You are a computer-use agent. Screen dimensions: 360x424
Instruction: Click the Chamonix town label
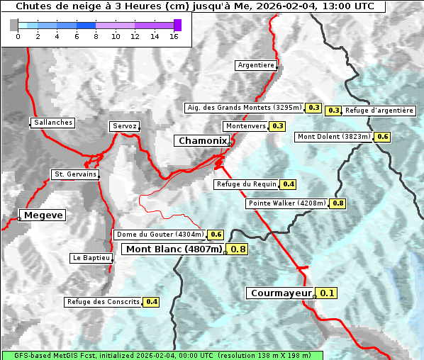coord(202,141)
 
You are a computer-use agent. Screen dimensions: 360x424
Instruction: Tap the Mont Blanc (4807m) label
coord(174,249)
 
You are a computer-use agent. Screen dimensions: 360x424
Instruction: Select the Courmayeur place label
coord(281,293)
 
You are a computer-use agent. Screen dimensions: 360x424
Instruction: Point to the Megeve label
coord(43,215)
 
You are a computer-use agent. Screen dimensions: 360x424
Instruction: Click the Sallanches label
coord(53,123)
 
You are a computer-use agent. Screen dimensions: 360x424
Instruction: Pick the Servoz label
coord(125,126)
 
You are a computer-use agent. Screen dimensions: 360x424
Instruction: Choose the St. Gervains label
coord(74,174)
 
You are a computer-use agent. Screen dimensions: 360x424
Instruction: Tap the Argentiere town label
coord(256,65)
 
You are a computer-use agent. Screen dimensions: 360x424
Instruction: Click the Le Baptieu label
coord(91,258)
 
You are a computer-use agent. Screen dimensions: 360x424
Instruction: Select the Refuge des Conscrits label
coord(103,302)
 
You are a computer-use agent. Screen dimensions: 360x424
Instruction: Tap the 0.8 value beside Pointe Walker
coord(337,203)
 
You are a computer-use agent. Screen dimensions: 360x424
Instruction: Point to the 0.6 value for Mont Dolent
coord(383,137)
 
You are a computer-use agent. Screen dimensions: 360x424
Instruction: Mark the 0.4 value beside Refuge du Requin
coord(289,184)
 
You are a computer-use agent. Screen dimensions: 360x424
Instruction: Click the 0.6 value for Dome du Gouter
coord(216,235)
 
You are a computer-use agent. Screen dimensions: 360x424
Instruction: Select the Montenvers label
coord(245,126)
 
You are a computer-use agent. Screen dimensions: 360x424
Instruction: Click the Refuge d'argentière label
coord(379,111)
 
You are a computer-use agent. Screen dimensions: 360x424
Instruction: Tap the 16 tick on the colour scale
coord(173,35)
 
